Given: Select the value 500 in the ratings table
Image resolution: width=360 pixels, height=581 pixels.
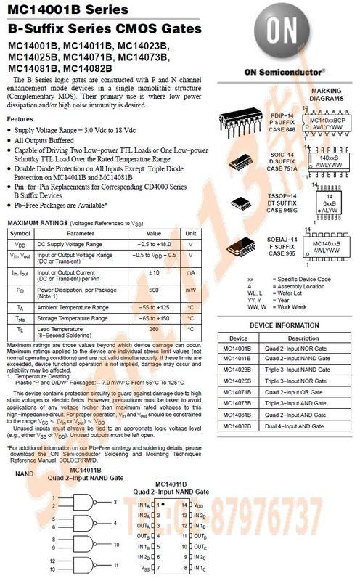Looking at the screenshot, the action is [x=154, y=290].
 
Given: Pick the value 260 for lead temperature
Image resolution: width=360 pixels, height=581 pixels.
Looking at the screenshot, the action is [x=154, y=328].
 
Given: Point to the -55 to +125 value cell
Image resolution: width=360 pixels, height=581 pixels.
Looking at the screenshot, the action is [x=154, y=307].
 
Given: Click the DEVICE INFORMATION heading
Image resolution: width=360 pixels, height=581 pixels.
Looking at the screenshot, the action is [x=288, y=325].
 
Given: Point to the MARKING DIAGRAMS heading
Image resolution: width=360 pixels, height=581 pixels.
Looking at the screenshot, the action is [x=326, y=95].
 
